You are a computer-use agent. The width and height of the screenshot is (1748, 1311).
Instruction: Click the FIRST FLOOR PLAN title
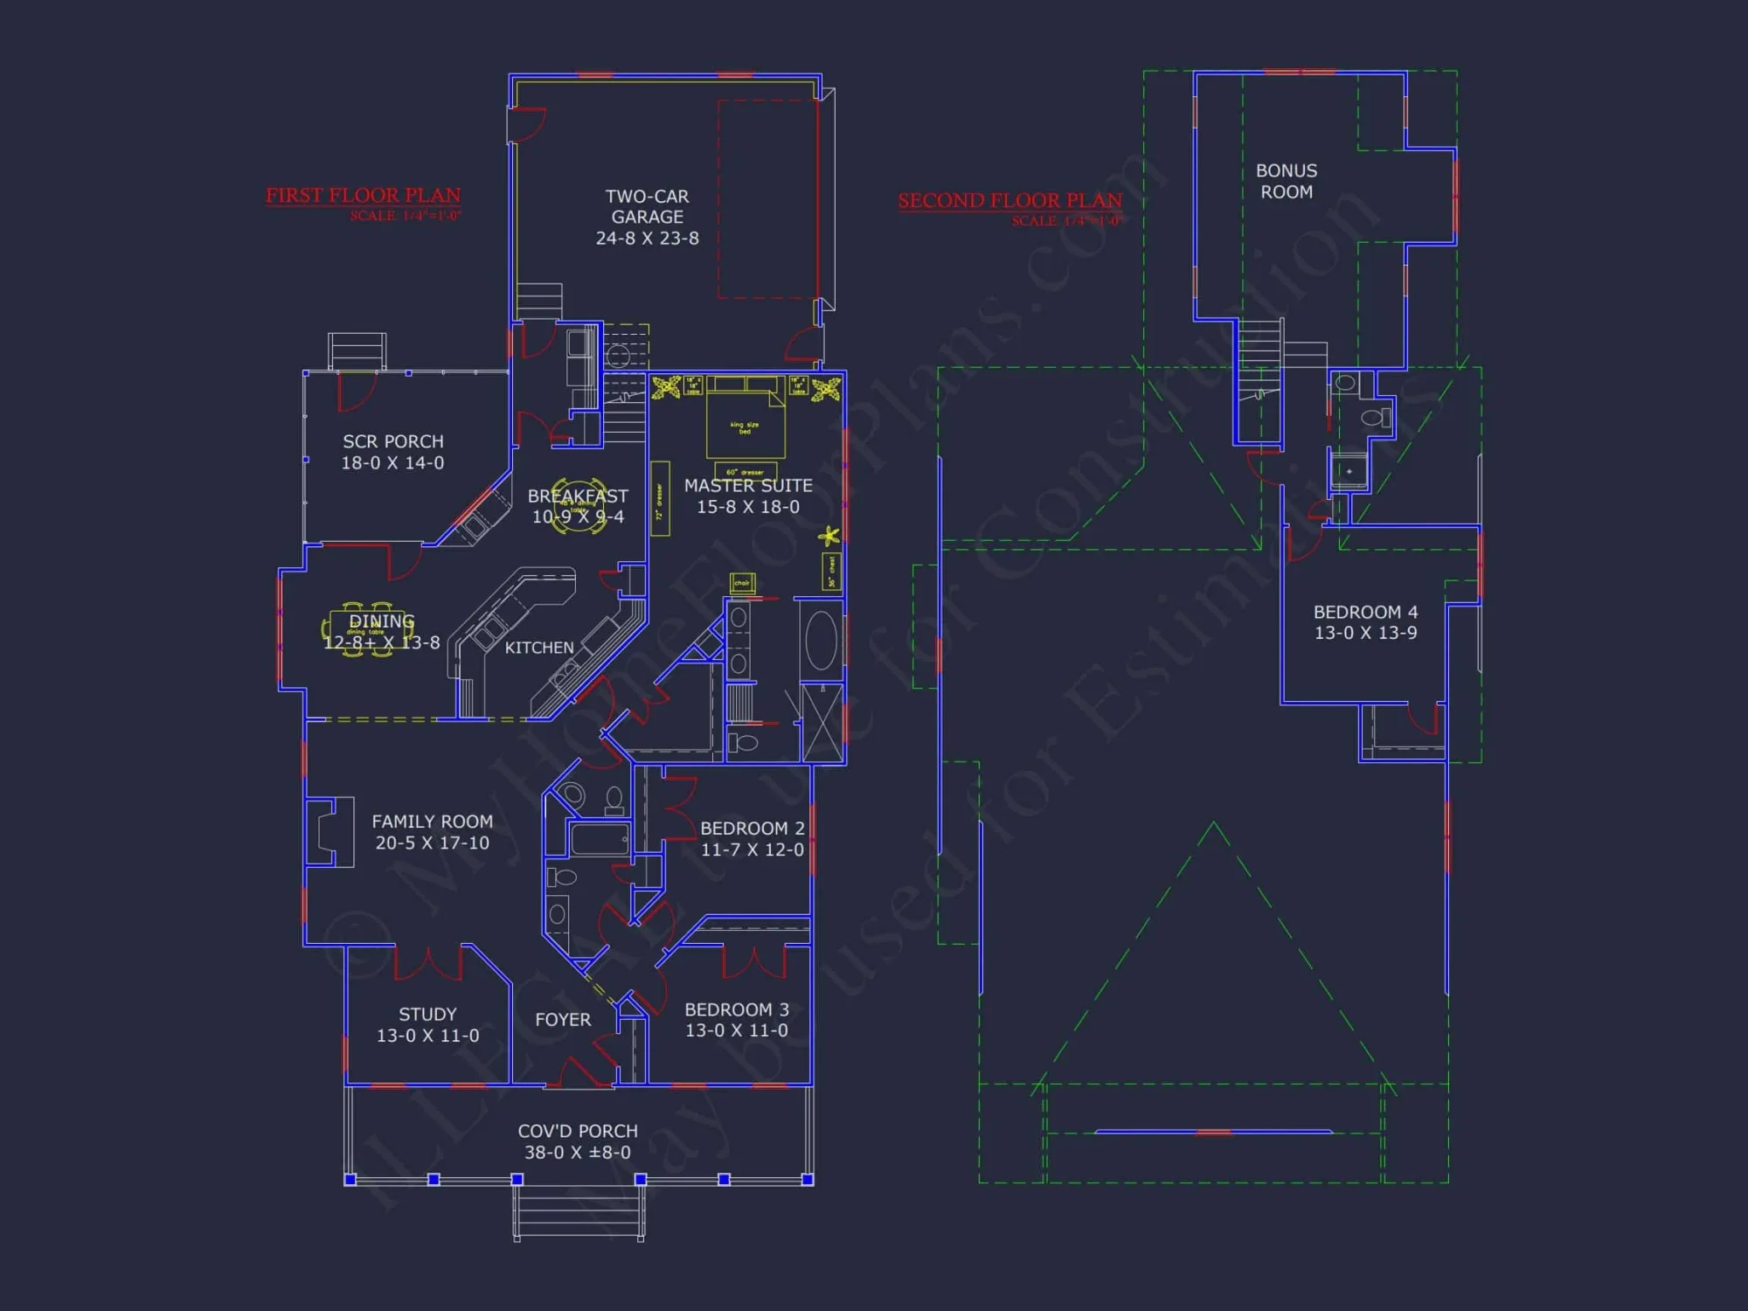pos(363,195)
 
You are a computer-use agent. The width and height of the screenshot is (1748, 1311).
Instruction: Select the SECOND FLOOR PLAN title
pos(1009,200)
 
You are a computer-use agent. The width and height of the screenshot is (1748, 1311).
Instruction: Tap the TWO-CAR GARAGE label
pos(647,206)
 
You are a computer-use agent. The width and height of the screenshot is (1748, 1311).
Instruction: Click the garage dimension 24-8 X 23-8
pos(647,239)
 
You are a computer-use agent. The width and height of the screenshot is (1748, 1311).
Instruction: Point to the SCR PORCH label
pos(392,441)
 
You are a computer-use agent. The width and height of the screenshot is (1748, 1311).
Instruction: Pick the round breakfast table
pos(578,506)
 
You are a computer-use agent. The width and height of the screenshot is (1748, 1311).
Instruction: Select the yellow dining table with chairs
pos(368,629)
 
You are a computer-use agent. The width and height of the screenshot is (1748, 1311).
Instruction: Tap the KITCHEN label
pos(539,648)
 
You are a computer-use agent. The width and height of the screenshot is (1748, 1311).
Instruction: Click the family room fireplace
pos(328,831)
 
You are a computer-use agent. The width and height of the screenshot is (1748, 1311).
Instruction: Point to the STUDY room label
pos(427,1014)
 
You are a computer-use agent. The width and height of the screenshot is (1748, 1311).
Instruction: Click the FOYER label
pos(563,1019)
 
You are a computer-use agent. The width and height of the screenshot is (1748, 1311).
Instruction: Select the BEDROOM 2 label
pos(752,828)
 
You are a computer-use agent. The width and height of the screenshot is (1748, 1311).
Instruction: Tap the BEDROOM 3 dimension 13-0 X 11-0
pos(736,1031)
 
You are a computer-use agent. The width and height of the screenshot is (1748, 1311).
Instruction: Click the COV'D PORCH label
pos(578,1131)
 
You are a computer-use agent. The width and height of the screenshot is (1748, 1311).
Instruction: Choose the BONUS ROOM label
pos(1286,181)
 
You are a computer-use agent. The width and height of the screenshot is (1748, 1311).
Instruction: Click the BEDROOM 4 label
pos(1365,612)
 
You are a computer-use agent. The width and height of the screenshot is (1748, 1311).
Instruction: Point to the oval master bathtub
pos(821,641)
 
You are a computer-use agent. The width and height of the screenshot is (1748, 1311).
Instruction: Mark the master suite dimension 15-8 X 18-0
pos(747,507)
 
